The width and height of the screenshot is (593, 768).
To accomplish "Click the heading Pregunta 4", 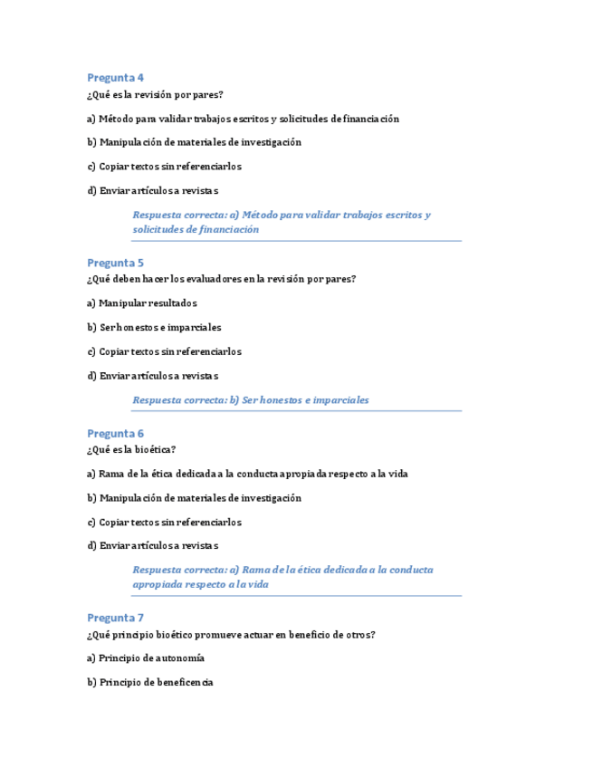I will [115, 77].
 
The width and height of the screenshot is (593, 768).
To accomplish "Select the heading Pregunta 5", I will [115, 264].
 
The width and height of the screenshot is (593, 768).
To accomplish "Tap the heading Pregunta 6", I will [115, 434].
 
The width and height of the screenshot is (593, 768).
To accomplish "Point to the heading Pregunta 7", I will [115, 619].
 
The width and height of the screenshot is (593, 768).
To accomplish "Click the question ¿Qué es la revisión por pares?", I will [155, 94].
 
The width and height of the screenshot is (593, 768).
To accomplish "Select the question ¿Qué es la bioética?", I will [131, 449].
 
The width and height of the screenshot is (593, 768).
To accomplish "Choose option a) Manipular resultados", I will [142, 303].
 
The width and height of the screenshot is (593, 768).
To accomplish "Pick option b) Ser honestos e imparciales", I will [154, 327].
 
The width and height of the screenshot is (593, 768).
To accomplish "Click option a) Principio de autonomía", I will [146, 658].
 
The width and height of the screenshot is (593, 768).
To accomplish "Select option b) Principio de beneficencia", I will [150, 682].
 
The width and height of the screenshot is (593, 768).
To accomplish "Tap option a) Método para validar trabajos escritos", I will [243, 119].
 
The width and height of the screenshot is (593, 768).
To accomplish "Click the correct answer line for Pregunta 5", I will [251, 399].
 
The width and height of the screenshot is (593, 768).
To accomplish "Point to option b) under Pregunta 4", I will [194, 142].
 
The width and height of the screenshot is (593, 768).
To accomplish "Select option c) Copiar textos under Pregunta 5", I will [164, 351].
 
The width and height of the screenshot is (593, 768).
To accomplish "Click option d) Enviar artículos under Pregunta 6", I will [153, 545].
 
